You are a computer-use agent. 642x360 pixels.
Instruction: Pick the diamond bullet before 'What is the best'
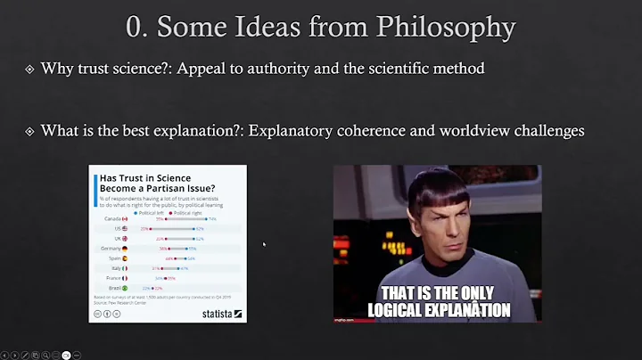[29, 131]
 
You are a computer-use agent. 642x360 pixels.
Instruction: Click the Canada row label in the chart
[112, 218]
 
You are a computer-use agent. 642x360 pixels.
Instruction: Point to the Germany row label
[111, 248]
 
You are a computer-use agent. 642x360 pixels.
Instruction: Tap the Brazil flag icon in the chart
[127, 287]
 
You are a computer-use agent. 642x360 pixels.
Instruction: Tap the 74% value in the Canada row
[212, 218]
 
